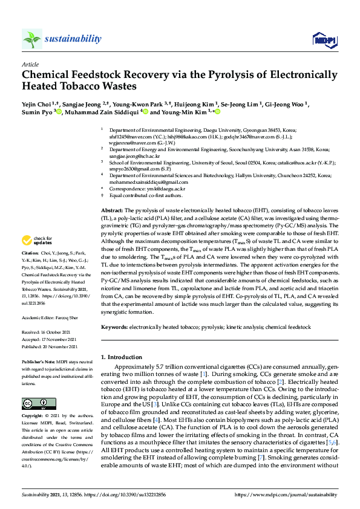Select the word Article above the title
click(30, 64)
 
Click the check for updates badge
click(34, 241)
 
